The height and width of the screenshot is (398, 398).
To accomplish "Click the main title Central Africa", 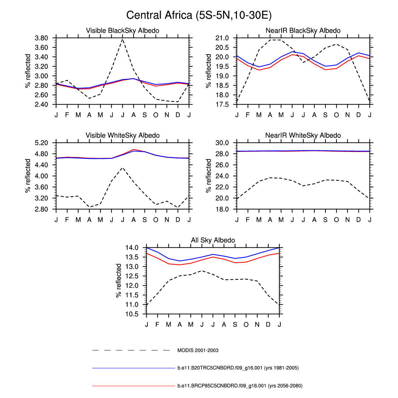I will [x=199, y=15].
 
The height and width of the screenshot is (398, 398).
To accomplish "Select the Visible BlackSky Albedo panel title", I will [x=122, y=31].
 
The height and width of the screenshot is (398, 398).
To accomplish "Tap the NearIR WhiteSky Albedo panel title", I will [x=303, y=136].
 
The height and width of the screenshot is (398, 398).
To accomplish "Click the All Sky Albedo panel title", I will [x=213, y=240].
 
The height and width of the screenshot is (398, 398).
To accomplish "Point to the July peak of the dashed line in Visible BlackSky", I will [x=122, y=39].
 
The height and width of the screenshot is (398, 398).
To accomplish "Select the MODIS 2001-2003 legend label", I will [x=198, y=350].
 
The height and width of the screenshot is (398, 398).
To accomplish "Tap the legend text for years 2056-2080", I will [x=240, y=385].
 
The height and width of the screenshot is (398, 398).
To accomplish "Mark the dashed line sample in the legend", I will [x=131, y=350].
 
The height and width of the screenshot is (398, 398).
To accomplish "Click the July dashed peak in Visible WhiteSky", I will [x=122, y=168].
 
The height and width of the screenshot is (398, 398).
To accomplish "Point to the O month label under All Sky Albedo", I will [x=246, y=325].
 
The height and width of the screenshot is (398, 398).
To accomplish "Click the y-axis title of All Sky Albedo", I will [x=119, y=280].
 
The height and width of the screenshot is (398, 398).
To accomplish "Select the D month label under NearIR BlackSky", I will [x=359, y=115].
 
